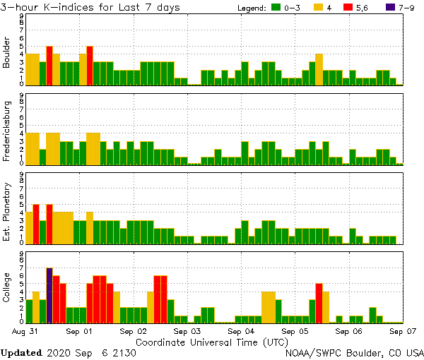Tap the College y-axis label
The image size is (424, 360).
click(x=7, y=288)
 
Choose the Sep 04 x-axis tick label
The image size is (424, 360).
click(x=242, y=330)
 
